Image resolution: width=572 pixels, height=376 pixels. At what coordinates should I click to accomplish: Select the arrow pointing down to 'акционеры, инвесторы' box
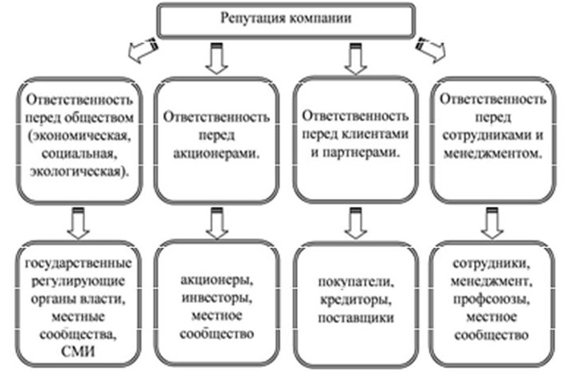click(214, 224)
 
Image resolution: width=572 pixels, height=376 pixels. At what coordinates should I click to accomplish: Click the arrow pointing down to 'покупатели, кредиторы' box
click(353, 224)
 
